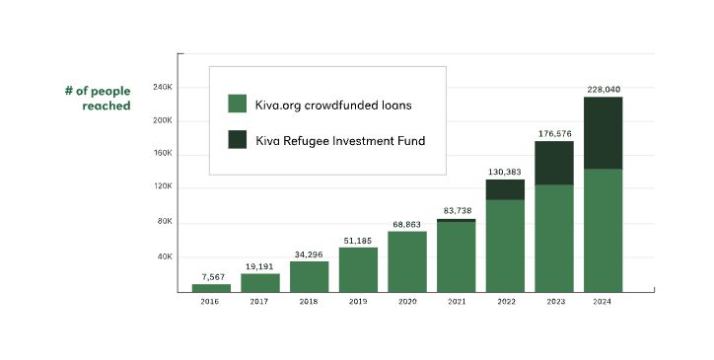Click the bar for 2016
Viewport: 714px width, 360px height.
[x=211, y=287]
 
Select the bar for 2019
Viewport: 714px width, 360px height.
[x=358, y=269]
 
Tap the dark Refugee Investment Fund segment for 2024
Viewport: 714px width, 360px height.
[x=603, y=133]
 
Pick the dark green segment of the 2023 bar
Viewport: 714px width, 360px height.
[x=554, y=163]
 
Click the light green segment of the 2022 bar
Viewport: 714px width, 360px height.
[x=505, y=246]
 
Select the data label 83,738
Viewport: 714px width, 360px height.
[x=456, y=210]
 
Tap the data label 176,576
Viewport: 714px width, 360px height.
[x=554, y=132]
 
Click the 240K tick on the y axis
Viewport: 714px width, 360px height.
[x=163, y=87]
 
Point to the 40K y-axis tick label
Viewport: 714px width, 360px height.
[x=166, y=256]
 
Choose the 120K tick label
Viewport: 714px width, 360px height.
[x=163, y=186]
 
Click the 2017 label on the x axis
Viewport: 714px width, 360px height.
[x=259, y=301]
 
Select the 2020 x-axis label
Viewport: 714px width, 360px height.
[x=406, y=301]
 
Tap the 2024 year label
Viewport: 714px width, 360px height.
[x=603, y=301]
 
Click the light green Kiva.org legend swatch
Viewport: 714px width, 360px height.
[x=237, y=104]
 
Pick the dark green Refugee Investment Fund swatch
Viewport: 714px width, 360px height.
[x=237, y=140]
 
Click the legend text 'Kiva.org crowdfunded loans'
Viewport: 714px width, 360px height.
[x=333, y=104]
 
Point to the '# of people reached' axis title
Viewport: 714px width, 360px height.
[x=98, y=98]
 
